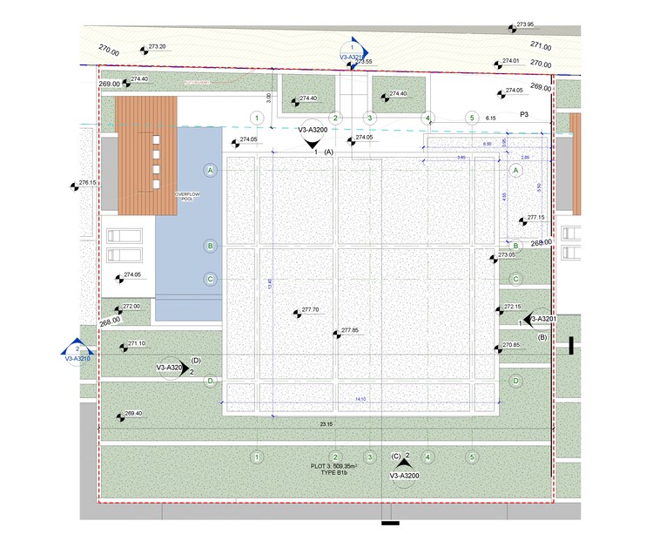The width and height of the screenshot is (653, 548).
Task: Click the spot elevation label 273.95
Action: pyautogui.click(x=525, y=24)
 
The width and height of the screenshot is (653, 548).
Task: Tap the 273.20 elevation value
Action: pyautogui.click(x=158, y=46)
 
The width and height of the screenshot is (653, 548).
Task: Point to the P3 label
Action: pyautogui.click(x=525, y=114)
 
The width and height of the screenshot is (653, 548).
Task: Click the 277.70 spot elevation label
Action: pyautogui.click(x=310, y=309)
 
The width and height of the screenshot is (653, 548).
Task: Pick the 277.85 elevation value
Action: pyautogui.click(x=350, y=330)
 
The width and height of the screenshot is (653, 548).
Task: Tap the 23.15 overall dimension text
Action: pyautogui.click(x=326, y=424)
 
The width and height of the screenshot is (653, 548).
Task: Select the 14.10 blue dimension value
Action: pyautogui.click(x=360, y=399)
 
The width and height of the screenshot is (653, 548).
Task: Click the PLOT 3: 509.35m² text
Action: pyautogui.click(x=335, y=467)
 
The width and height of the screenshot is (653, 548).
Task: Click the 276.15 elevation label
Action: pyautogui.click(x=87, y=183)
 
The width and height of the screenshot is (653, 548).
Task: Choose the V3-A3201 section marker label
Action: pyautogui.click(x=540, y=319)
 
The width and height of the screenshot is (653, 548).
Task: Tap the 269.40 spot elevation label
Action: pyautogui.click(x=133, y=414)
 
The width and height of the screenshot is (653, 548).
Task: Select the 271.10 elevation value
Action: pyautogui.click(x=137, y=343)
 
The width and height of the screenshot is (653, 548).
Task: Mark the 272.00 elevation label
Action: pyautogui.click(x=131, y=307)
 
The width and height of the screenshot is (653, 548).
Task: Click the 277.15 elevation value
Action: pyautogui.click(x=535, y=217)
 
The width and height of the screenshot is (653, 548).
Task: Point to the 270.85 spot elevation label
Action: pyautogui.click(x=512, y=345)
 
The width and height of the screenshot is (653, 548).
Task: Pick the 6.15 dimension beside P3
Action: pyautogui.click(x=490, y=117)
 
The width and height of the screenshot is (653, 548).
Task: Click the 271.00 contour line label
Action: pyautogui.click(x=541, y=46)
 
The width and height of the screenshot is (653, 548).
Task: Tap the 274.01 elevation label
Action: pyautogui.click(x=510, y=61)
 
